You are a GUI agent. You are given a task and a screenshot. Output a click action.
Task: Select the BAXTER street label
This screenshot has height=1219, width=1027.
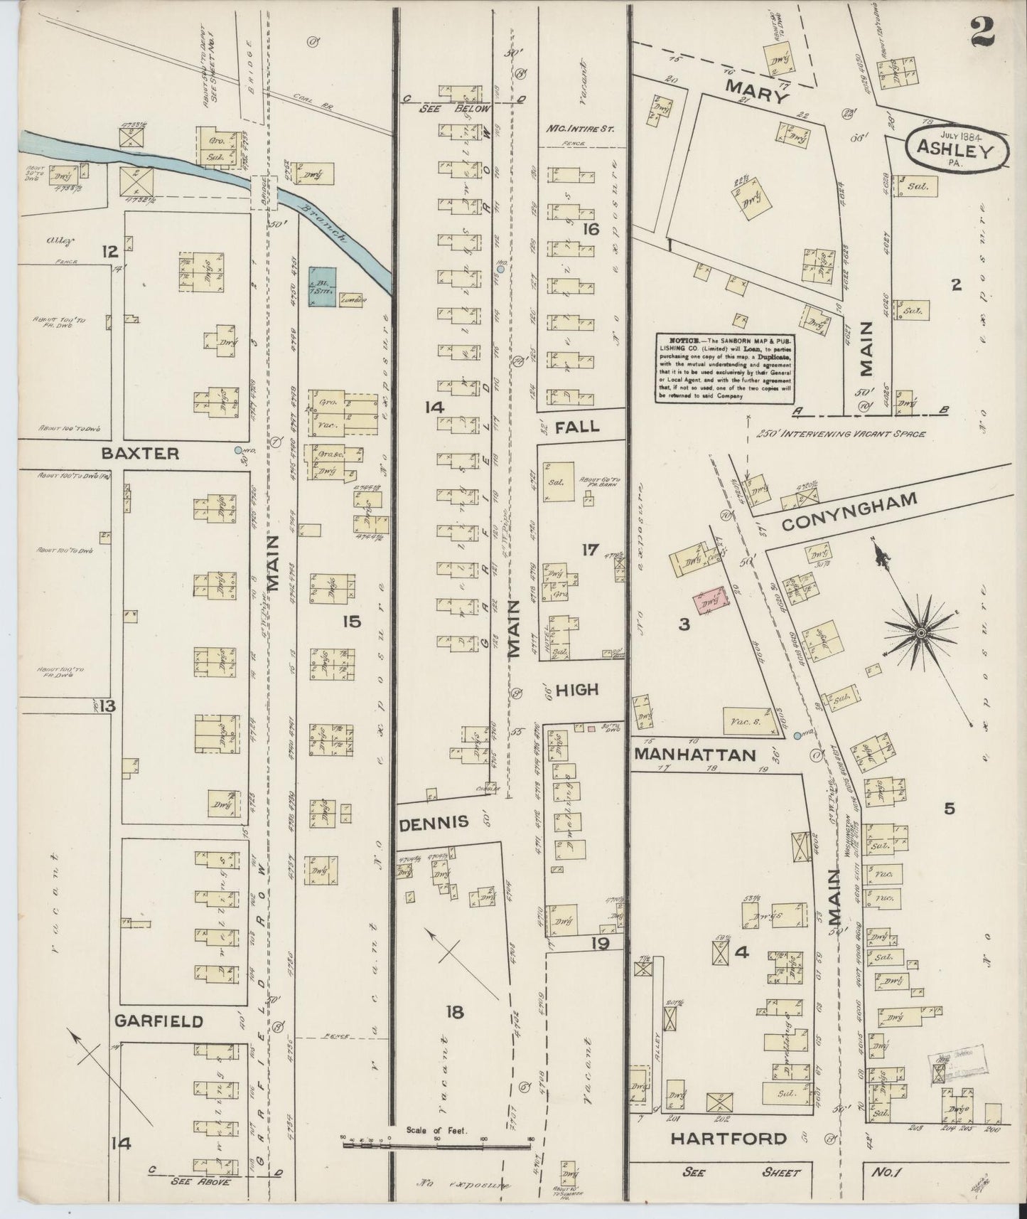point(139,453)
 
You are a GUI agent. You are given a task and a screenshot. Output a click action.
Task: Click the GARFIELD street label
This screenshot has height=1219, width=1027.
point(158,1021)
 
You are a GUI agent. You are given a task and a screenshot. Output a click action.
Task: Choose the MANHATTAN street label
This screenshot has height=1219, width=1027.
point(694,755)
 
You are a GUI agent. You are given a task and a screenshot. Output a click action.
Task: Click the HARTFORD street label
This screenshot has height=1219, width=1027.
point(729,1139)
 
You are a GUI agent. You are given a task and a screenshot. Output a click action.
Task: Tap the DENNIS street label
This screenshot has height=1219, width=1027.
point(434,822)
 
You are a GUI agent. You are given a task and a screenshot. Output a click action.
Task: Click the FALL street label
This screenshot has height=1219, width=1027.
point(577,427)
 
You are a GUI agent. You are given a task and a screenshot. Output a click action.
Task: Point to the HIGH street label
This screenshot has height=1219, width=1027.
point(576,689)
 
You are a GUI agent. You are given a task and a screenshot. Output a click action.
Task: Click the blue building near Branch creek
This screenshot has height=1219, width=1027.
point(322,287)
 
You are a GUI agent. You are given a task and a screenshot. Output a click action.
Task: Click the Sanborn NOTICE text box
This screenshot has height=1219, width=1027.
point(724,368)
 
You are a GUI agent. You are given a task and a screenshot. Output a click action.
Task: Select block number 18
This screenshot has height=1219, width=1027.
point(454,1012)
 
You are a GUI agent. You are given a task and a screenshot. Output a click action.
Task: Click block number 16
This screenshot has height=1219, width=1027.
point(590,229)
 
